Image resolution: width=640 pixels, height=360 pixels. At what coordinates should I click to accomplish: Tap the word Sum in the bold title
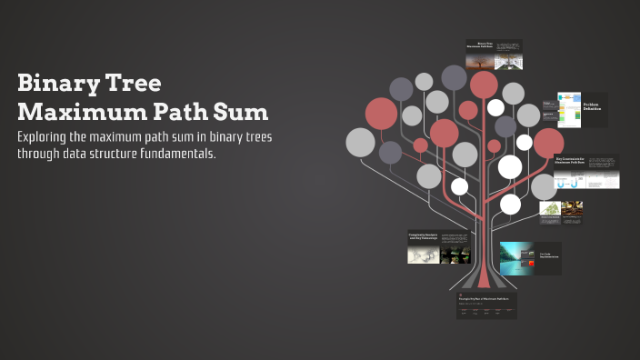point(239,113)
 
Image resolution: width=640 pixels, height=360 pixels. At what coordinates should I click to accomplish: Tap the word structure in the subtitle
point(107,154)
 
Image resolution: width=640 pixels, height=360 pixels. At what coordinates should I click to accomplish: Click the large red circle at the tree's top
point(484,85)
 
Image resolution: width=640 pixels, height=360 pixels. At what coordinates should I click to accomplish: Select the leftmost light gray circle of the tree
point(360,142)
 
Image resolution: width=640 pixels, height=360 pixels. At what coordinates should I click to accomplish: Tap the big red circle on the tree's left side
point(381,114)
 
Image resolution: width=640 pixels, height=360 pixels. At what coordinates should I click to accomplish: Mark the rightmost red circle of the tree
point(548,143)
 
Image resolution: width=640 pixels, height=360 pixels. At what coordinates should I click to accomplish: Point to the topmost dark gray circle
point(454,77)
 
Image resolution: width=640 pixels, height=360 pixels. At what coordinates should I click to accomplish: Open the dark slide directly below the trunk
point(486,305)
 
